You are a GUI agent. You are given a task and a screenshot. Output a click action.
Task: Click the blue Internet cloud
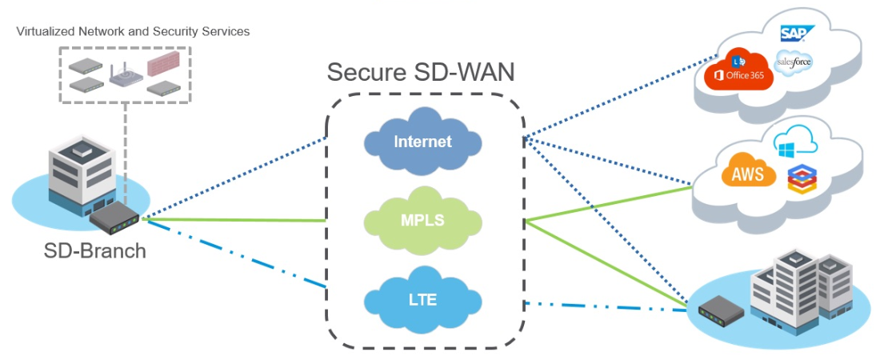(422, 142)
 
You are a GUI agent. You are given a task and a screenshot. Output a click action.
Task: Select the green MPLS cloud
(422, 219)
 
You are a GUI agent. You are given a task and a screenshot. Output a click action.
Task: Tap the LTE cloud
(422, 300)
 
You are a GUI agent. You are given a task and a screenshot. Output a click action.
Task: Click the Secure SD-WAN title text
(421, 72)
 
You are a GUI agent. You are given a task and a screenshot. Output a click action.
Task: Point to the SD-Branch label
(94, 250)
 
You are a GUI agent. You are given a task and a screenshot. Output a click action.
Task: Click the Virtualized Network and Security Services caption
(133, 32)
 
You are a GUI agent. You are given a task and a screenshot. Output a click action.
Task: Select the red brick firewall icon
(166, 63)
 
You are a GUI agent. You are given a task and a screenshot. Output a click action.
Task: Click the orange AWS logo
(742, 173)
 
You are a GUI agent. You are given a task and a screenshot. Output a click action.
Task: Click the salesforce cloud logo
(794, 62)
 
